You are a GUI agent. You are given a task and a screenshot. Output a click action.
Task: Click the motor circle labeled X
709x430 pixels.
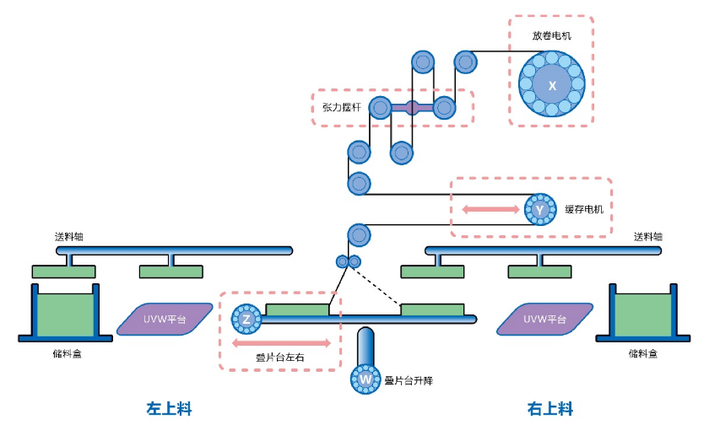tap(552, 85)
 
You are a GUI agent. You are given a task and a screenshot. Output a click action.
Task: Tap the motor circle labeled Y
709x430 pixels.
tap(539, 209)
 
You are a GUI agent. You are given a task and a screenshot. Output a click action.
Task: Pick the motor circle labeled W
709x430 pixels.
tap(365, 379)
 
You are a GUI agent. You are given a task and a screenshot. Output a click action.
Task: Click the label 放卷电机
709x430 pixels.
tap(551, 36)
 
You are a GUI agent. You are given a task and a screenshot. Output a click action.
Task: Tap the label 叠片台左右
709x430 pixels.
tap(280, 357)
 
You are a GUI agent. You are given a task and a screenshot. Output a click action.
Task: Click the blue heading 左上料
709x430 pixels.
tap(169, 409)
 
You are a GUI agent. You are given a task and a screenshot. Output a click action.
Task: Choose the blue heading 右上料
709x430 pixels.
tap(550, 409)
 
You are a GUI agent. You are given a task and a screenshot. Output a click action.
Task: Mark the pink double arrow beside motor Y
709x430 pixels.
tap(490, 209)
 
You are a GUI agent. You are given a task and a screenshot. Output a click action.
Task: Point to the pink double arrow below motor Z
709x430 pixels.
tap(281, 343)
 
